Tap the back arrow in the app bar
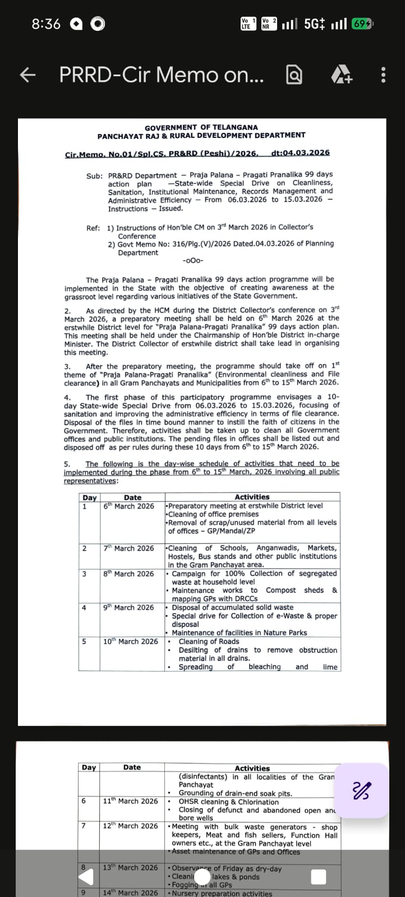(27, 75)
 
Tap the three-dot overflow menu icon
(383, 75)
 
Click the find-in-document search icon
(294, 75)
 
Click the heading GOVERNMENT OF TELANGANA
(201, 127)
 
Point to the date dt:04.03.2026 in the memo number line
(300, 152)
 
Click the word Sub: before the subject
(94, 175)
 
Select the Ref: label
(93, 228)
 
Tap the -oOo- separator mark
(193, 260)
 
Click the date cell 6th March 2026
(128, 506)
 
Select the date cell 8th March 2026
(128, 574)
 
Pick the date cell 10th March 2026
(131, 641)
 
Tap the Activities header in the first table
(252, 497)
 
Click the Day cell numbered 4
(84, 608)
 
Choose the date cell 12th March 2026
(131, 826)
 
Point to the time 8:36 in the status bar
(46, 24)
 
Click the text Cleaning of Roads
(209, 641)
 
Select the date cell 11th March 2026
(131, 801)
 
